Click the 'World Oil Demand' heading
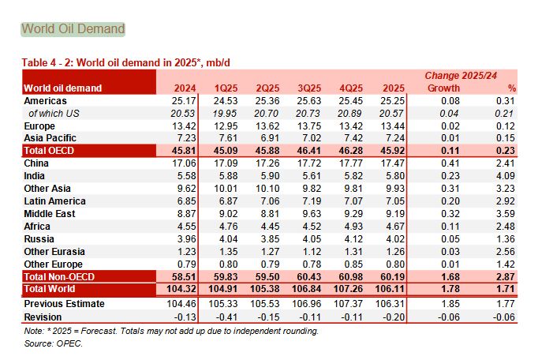point(73,29)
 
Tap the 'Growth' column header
point(443,88)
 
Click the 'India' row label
point(35,174)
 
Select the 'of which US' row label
point(54,113)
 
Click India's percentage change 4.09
point(505,174)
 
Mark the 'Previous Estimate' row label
point(62,303)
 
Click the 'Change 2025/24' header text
point(460,75)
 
